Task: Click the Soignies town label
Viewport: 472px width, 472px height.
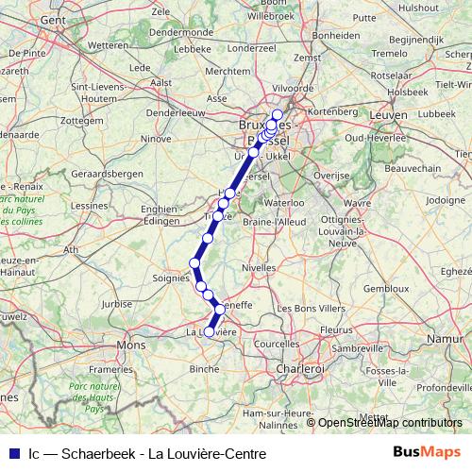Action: tap(172, 277)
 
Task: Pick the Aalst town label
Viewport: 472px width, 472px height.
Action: tap(160, 82)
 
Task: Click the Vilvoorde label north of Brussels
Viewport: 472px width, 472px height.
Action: tap(292, 87)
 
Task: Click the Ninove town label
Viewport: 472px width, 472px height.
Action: tap(157, 139)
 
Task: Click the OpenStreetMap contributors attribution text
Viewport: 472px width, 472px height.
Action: tap(390, 423)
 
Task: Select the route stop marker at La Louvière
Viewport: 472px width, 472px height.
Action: tap(210, 331)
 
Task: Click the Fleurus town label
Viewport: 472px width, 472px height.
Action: tap(335, 329)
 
